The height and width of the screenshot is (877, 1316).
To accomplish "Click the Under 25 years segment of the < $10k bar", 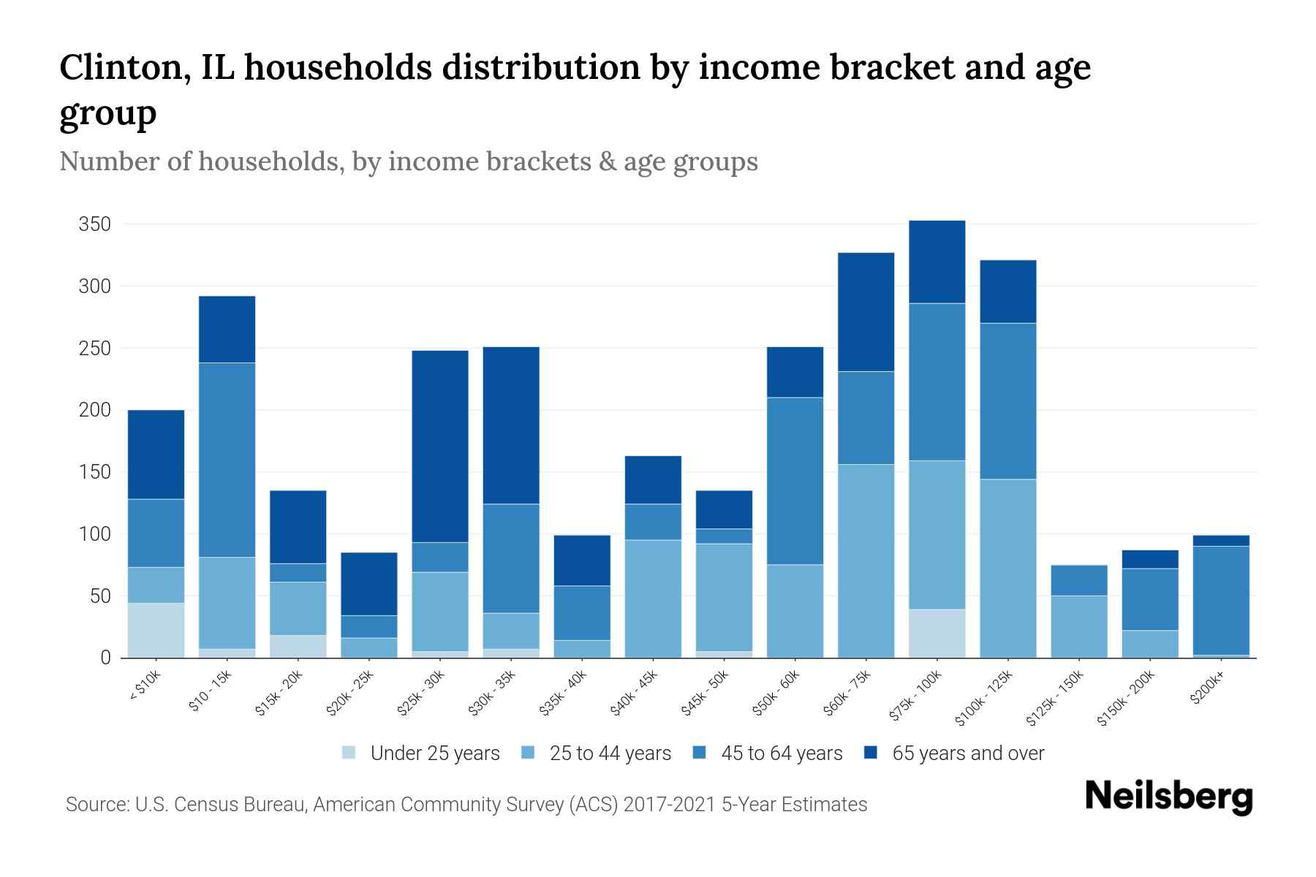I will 156,630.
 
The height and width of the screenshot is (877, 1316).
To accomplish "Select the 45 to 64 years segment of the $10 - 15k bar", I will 227,460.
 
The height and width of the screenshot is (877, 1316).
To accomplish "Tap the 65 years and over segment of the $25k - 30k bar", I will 440,447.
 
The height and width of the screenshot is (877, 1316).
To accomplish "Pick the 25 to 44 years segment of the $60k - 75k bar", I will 866,561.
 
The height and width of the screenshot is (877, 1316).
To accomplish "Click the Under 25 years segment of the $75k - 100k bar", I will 937,633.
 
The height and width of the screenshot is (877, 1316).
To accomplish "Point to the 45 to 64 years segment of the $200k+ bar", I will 1221,600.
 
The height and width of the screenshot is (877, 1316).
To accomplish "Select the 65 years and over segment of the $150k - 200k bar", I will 1150,559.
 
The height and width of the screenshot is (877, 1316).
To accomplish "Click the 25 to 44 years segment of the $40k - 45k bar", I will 653,599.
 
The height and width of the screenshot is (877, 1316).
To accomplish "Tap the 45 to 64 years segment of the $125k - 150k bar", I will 1078,580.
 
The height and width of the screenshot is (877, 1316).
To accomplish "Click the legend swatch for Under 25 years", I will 349,753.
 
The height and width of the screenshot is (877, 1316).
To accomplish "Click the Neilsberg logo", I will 1168,797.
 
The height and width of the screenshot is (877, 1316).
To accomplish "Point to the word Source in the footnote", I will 96,805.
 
